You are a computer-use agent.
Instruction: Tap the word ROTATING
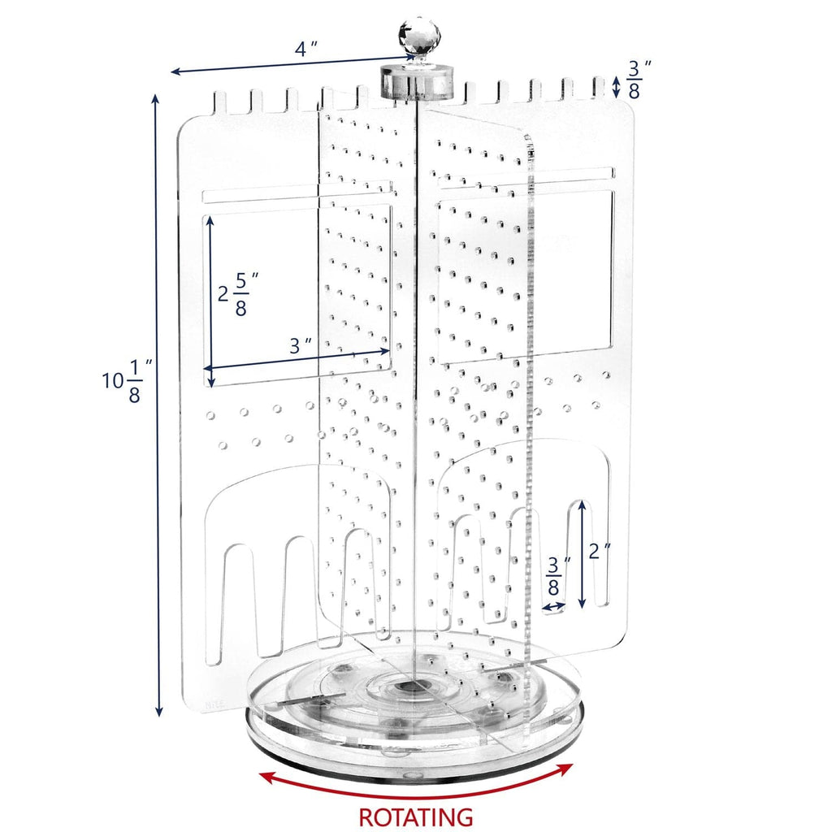point(416,816)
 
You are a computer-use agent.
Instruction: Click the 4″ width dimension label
point(305,48)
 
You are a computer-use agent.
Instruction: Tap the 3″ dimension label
point(301,344)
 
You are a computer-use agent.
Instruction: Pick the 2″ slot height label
point(600,551)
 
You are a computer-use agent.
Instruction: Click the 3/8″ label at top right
point(634,79)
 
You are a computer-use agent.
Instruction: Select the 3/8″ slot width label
point(554,576)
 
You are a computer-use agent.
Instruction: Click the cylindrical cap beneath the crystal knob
point(416,81)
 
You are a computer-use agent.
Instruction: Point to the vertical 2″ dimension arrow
point(583,555)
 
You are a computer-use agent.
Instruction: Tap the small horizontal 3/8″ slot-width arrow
point(554,606)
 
